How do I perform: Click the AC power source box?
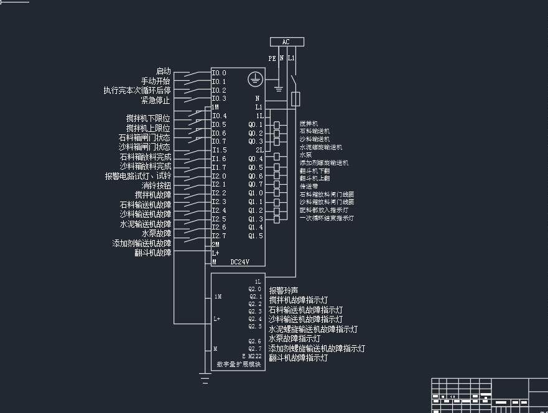(x=287, y=42)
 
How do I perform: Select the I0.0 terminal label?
(x=219, y=73)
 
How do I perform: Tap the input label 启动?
(x=163, y=72)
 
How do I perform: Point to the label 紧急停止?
(x=156, y=100)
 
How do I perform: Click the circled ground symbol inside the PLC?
(x=254, y=79)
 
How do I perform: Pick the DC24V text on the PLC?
(x=239, y=262)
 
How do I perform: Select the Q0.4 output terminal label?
(x=256, y=159)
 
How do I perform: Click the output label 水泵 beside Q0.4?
(x=306, y=155)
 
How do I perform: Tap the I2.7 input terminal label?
(x=219, y=236)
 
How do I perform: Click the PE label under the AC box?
(x=272, y=58)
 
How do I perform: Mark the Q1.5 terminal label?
(x=256, y=236)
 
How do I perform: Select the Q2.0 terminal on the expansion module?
(x=255, y=289)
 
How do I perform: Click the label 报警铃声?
(x=284, y=290)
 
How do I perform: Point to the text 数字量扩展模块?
(x=238, y=364)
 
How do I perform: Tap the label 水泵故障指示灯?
(x=294, y=339)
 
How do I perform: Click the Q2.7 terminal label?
(x=255, y=349)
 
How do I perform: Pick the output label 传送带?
(x=309, y=186)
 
